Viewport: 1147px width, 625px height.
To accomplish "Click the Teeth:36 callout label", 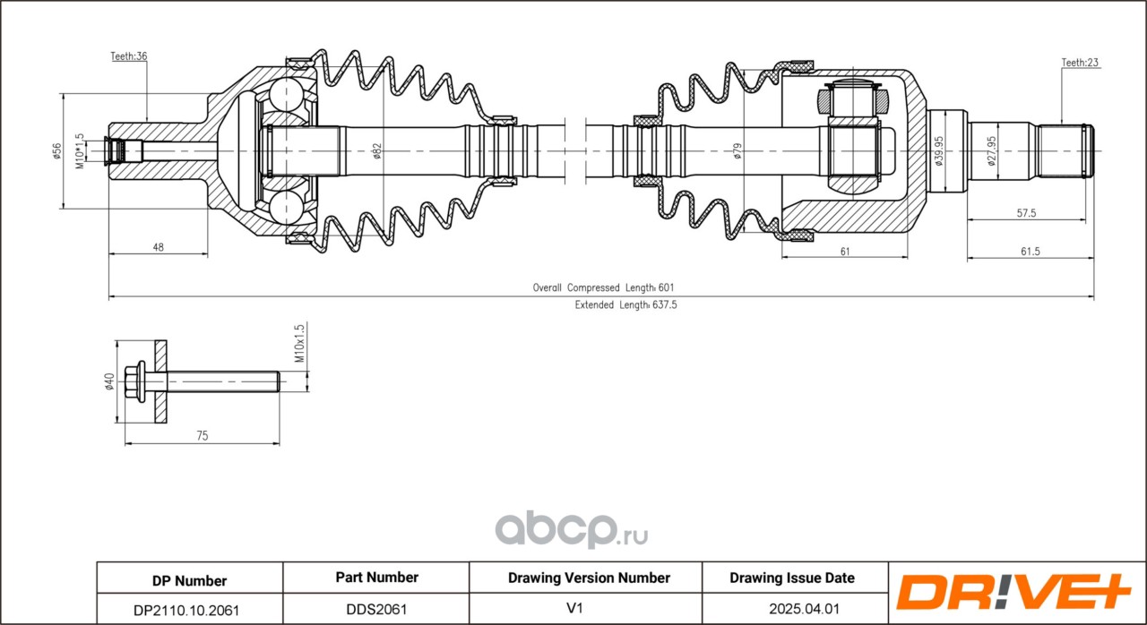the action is pyautogui.click(x=129, y=56).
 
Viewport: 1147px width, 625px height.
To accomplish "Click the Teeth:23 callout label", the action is pyautogui.click(x=1080, y=63).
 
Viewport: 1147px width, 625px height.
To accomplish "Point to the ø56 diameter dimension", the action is pyautogui.click(x=56, y=151).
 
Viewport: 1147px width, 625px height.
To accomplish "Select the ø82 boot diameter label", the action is pyautogui.click(x=377, y=151).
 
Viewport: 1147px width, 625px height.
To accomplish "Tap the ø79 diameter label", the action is pyautogui.click(x=737, y=151).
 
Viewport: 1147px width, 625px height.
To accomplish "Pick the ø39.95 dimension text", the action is pyautogui.click(x=938, y=151).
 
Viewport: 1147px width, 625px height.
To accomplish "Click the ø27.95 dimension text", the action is pyautogui.click(x=992, y=151).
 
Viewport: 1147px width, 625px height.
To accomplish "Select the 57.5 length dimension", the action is pyautogui.click(x=1026, y=213).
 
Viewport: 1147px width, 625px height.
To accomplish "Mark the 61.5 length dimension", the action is pyautogui.click(x=1031, y=251).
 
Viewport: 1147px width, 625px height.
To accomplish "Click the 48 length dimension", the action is pyautogui.click(x=159, y=247).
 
